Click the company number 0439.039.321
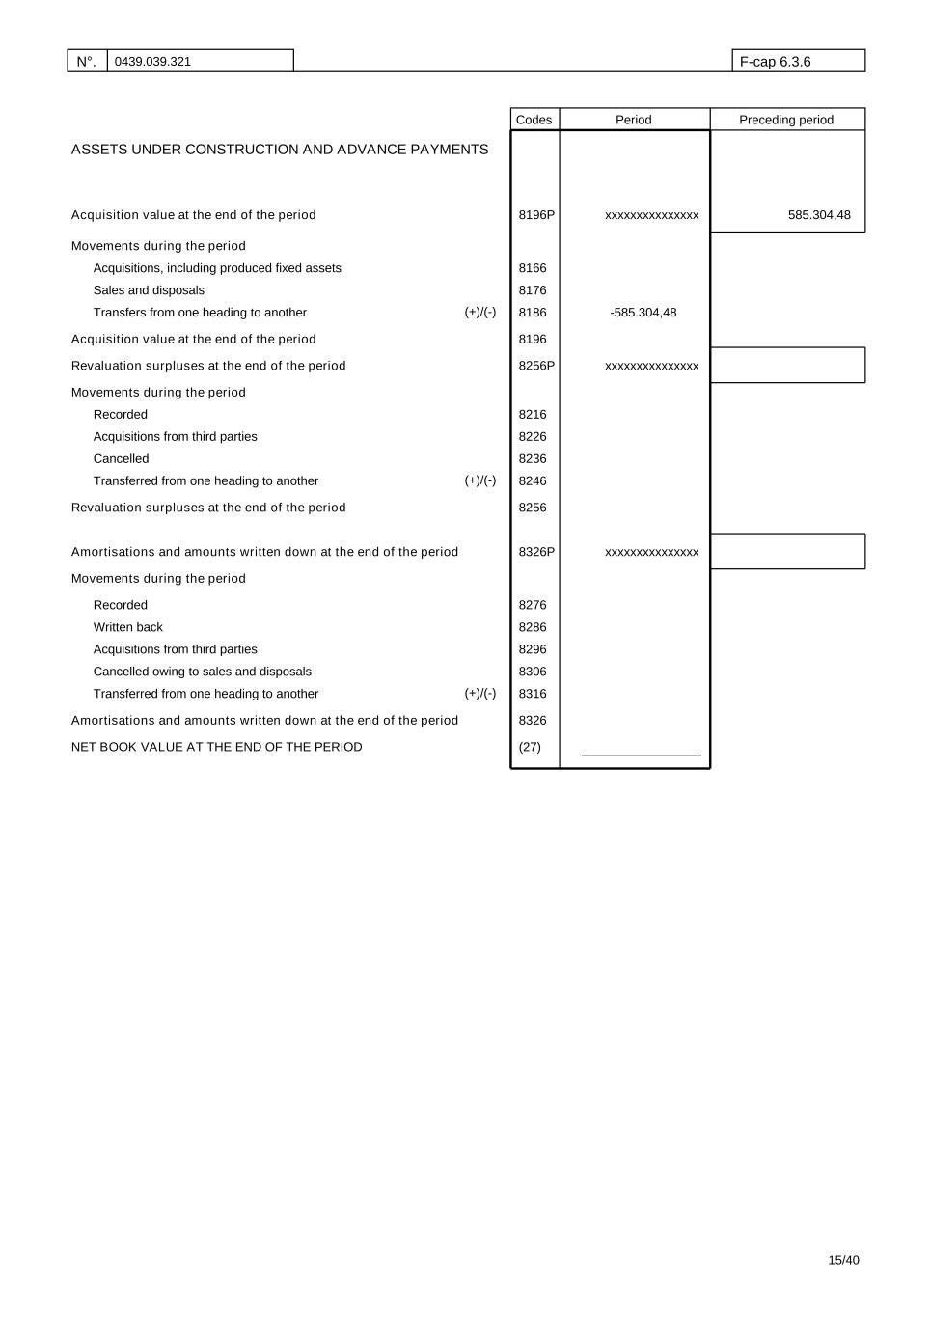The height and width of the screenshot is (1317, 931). coord(152,62)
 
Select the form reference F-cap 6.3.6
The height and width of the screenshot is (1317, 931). coord(775,62)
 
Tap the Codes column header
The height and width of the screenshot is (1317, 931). coord(534,120)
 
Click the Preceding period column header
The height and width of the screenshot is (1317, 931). coord(786,120)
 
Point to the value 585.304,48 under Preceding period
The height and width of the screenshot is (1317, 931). coord(819,215)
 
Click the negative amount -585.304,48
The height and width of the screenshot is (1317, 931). coord(643,313)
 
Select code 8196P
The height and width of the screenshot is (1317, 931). coord(536,215)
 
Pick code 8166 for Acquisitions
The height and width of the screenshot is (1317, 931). coord(533,268)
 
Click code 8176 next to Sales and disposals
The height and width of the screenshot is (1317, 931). coord(533,290)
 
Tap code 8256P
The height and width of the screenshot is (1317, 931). coord(536,366)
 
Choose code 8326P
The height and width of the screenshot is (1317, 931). coord(536,552)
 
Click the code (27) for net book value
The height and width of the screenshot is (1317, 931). coord(530,747)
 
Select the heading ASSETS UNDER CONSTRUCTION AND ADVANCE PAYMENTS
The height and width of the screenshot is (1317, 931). coord(280,150)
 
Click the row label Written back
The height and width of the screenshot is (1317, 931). coord(128,627)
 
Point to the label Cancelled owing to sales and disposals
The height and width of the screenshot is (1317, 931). coord(203,672)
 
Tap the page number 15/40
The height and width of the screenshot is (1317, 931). coord(843,1260)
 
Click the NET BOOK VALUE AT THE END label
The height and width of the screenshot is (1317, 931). coord(217,747)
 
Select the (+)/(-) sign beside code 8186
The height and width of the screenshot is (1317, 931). coord(480,313)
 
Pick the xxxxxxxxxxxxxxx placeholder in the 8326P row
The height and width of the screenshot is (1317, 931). coord(652,552)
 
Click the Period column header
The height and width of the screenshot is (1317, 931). coord(634,120)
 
